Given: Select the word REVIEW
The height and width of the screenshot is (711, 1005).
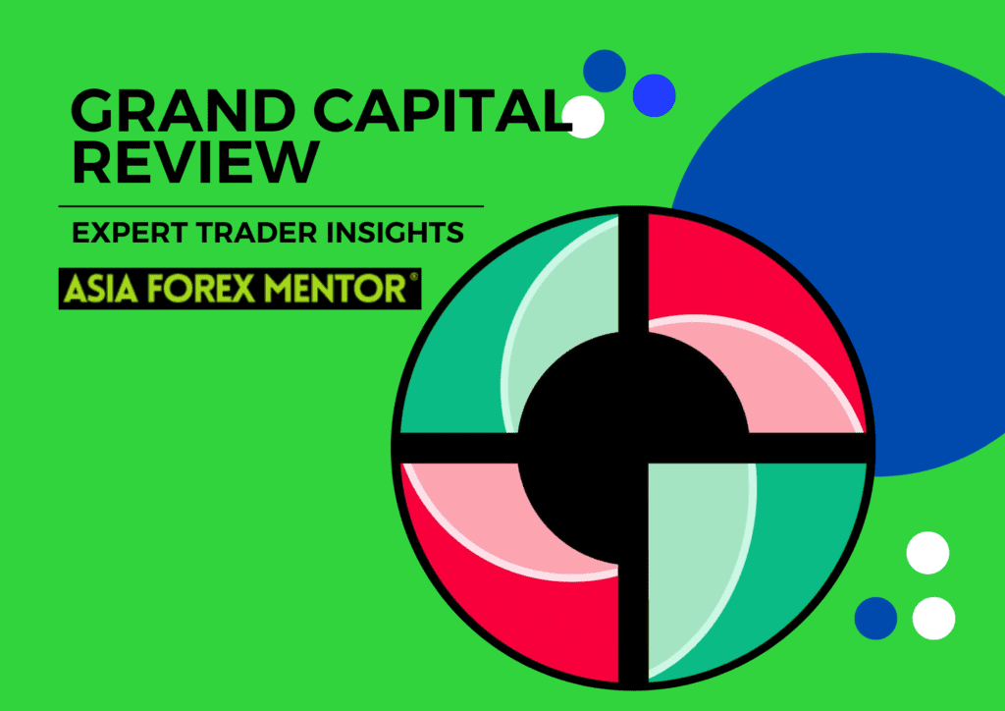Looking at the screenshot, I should point(195,162).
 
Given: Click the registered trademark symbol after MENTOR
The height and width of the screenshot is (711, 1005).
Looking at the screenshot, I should point(413,280).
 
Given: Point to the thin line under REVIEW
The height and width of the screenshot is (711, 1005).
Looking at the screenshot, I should point(271,206).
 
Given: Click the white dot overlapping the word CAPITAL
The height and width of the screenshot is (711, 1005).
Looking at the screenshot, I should point(585,117).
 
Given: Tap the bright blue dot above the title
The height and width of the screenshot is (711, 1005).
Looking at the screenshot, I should point(654,94).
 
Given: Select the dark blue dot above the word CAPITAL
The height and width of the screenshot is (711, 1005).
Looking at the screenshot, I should point(605,71).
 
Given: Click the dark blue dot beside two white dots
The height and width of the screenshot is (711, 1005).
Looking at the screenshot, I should point(875,618).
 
